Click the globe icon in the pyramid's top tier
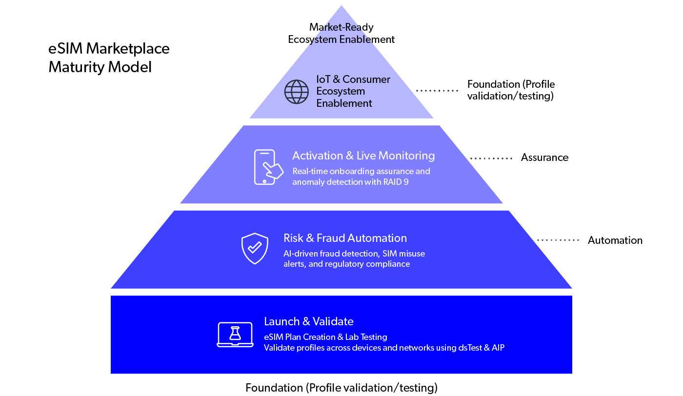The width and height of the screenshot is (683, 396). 297,92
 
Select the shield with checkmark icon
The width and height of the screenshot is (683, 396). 255,248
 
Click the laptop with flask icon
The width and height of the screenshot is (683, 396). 235,335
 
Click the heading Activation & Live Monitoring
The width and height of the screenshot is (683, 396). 363,156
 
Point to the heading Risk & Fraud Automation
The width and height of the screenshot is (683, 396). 345,238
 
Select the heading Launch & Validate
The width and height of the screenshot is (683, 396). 308,321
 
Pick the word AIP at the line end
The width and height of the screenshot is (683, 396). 498,348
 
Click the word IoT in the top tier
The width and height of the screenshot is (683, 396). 323,79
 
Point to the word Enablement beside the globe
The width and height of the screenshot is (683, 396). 344,103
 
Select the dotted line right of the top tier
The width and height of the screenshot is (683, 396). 437,91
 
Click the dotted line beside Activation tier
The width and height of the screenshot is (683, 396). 491,158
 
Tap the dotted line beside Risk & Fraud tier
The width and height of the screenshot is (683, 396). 558,240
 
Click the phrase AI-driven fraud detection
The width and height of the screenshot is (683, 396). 331,254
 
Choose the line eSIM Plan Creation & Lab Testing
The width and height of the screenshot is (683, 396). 325,337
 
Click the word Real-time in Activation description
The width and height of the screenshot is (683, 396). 310,171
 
